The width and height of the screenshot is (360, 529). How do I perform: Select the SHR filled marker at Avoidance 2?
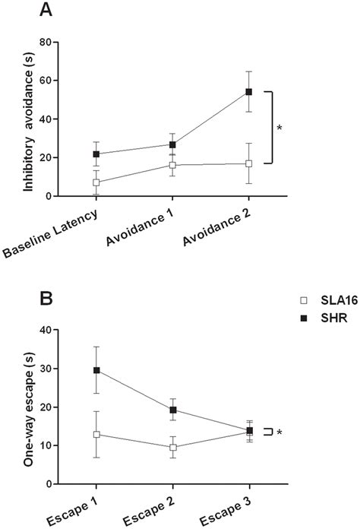pos(248,92)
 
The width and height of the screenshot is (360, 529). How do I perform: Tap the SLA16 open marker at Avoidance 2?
pos(248,163)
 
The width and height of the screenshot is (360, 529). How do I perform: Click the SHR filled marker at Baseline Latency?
pos(96,154)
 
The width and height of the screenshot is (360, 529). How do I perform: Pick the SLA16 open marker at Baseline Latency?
pos(96,182)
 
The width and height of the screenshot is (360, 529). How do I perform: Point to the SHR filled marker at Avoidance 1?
pos(172,144)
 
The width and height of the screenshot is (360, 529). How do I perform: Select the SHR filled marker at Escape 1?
pos(96,370)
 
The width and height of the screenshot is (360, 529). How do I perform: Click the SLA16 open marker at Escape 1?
pos(96,434)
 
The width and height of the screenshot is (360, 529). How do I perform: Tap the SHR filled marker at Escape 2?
pos(172,410)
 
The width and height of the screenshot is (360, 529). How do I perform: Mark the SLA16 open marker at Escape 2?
pos(172,447)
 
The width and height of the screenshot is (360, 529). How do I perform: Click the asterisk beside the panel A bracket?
pos(279,128)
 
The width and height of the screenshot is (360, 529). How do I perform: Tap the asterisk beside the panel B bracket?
pos(279,432)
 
